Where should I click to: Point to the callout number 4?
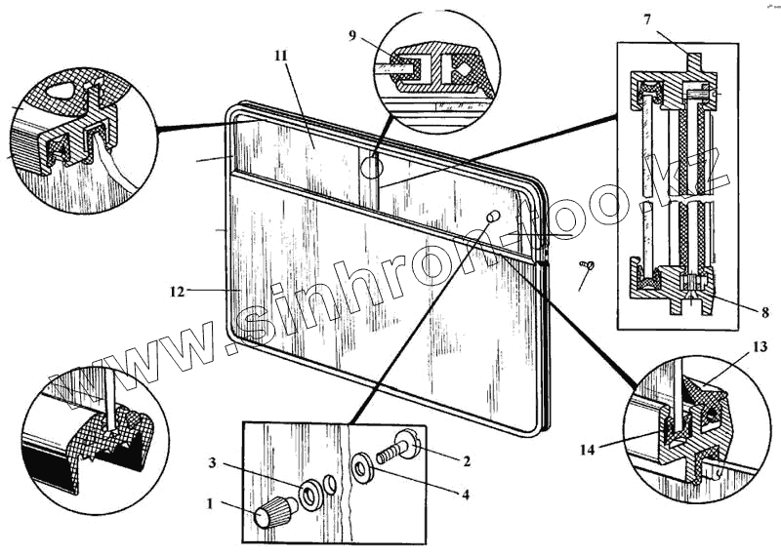(x=466, y=495)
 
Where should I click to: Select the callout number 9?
(x=352, y=36)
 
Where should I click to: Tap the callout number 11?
(x=281, y=57)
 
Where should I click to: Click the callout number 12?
(x=177, y=290)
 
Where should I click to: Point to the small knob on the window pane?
(x=493, y=215)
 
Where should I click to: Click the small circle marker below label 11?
(x=369, y=167)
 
